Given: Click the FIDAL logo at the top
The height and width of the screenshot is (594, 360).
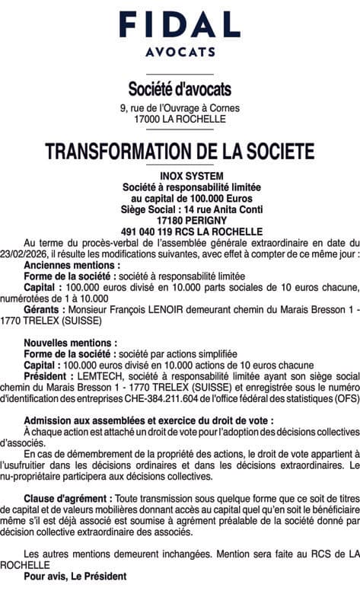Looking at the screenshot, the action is click(180, 25).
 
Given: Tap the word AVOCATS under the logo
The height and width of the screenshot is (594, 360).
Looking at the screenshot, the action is click(180, 53).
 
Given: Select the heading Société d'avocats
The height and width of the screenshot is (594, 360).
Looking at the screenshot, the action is click(180, 89).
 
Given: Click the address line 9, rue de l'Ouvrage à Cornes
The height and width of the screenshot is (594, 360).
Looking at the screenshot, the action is click(180, 108).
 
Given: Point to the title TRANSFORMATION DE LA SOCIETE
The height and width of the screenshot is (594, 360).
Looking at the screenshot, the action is click(180, 150).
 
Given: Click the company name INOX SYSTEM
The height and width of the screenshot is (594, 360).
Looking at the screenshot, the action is click(180, 177).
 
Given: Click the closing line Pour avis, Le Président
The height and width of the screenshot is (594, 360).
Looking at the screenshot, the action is click(75, 576).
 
